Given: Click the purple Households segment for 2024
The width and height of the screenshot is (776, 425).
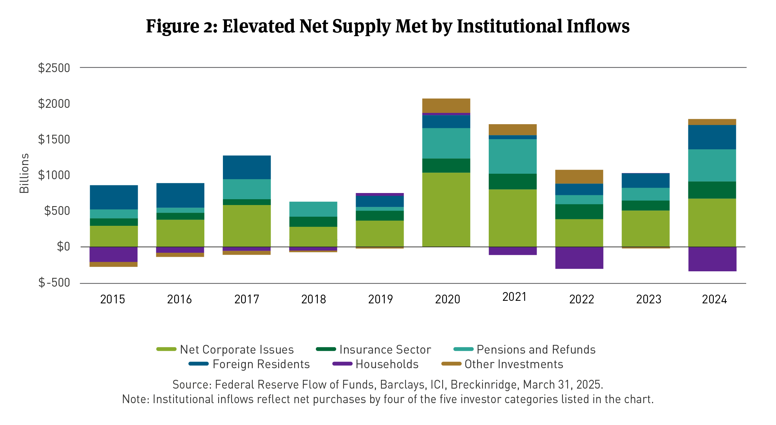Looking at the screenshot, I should point(712,259).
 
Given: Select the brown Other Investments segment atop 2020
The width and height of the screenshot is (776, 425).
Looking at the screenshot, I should point(446,106).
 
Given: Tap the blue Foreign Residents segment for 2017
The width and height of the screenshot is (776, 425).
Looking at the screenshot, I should point(247,167).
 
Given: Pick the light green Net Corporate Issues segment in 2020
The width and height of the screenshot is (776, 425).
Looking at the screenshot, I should point(446,209).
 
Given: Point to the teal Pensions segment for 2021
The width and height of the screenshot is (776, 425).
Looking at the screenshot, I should point(512,156).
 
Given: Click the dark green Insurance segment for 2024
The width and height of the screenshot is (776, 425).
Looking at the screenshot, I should point(712,190).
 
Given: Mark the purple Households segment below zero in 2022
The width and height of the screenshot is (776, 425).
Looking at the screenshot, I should point(579,258).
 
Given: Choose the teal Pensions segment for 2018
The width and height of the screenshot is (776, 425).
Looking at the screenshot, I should point(313,209).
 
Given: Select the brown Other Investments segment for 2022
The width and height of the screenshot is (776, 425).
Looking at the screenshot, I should point(579,177).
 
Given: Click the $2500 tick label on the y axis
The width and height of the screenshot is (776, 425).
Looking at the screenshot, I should point(54,68).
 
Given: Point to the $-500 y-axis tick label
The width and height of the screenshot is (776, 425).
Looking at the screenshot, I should point(54,283).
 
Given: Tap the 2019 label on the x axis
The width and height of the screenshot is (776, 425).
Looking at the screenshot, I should point(380,299).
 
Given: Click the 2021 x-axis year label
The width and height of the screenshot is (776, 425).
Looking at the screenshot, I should point(514,297).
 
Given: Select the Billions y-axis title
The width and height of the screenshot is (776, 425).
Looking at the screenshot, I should point(24,173).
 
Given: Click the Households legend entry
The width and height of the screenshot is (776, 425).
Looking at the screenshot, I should point(387,364).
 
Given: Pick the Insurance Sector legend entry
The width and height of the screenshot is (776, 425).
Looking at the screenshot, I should point(385,350).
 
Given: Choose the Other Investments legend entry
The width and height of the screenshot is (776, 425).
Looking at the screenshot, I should point(513,364).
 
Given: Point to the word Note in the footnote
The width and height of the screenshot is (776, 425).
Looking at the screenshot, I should point(135,399).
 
